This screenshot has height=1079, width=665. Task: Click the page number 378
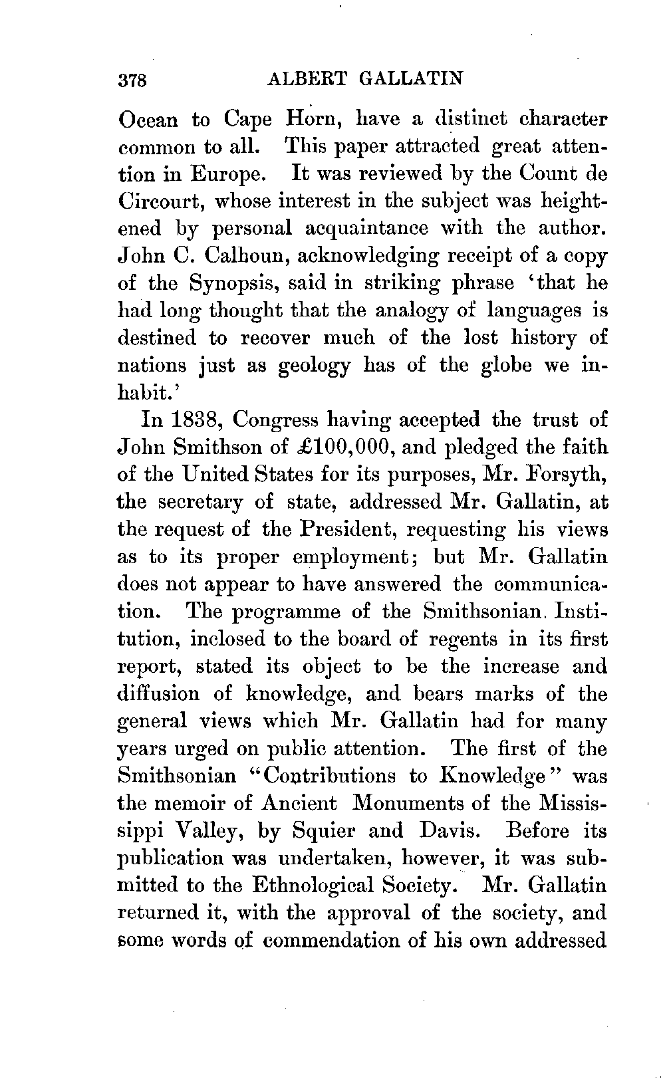point(136,80)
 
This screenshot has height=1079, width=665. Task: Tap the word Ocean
point(148,120)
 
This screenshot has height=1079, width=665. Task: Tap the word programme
point(286,612)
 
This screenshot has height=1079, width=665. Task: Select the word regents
point(464,640)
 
